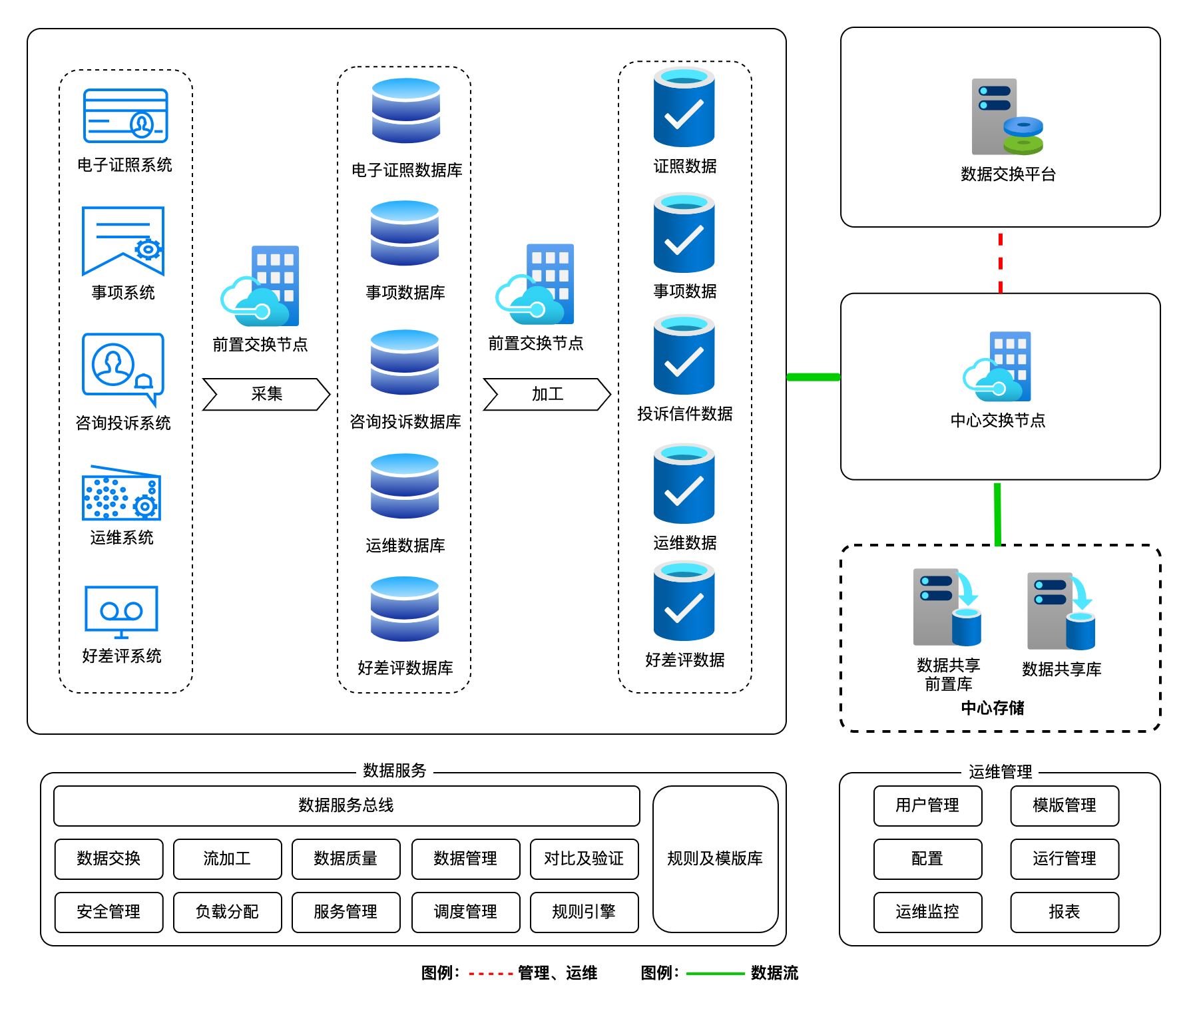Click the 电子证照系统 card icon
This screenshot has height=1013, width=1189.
tap(125, 116)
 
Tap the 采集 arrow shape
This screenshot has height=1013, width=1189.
tap(266, 394)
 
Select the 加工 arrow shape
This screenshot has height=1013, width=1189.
tap(547, 394)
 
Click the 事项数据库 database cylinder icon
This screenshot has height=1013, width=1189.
tap(405, 233)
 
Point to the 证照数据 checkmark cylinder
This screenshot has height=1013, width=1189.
tap(684, 108)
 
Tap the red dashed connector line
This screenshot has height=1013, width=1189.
tap(1000, 263)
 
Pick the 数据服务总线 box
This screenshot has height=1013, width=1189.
tap(346, 805)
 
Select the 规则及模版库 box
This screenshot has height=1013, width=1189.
tap(715, 859)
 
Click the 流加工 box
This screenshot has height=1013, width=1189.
tap(227, 859)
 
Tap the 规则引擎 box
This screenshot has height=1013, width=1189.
tap(584, 912)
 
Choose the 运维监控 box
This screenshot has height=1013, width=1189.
tap(927, 912)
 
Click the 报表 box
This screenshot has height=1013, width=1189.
tap(1064, 912)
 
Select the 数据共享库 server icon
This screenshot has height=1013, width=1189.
tap(1061, 611)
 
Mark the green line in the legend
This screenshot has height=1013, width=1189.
tap(715, 974)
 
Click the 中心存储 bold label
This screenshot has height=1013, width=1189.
tap(992, 708)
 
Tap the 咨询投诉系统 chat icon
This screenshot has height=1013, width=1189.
tap(122, 368)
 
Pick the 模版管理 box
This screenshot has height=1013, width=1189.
tap(1064, 805)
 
